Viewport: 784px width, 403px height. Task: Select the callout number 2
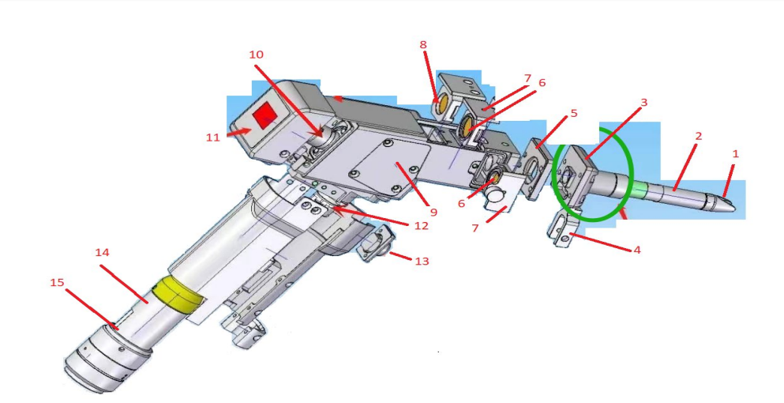[x=698, y=136]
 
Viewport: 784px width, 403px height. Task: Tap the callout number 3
[x=643, y=103]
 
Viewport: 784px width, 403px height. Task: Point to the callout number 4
[x=636, y=250]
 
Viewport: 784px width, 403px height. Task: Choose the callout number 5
[x=573, y=113]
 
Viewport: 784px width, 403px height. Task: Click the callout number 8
[x=423, y=45]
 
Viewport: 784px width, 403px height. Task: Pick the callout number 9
[x=433, y=213]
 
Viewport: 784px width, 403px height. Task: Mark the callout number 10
[x=256, y=55]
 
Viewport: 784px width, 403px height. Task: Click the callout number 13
[x=422, y=261]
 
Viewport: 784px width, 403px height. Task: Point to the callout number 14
[x=102, y=252]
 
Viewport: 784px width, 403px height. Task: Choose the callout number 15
[x=57, y=282]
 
